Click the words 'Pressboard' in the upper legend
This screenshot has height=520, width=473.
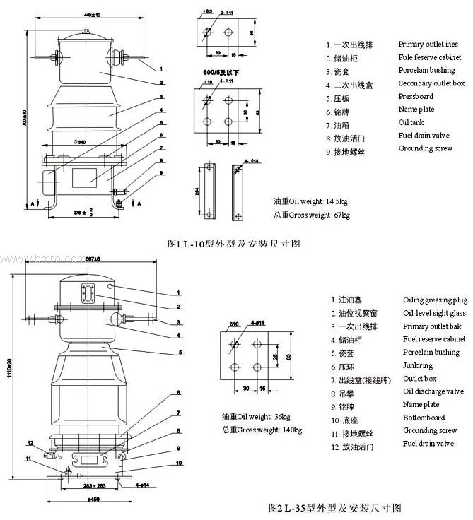coord(416,97)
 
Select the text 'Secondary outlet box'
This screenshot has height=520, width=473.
coord(431,83)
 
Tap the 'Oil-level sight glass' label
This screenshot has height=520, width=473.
coord(434,313)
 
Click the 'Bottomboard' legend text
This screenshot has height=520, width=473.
coord(424,418)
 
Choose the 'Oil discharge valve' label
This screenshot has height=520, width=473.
coord(433,391)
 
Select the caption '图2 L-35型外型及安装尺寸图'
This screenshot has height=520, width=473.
coord(335,507)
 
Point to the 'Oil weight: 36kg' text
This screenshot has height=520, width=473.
coord(262,415)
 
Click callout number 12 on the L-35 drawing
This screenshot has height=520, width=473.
coord(30,443)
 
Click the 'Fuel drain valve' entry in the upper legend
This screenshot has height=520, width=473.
coord(424,136)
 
